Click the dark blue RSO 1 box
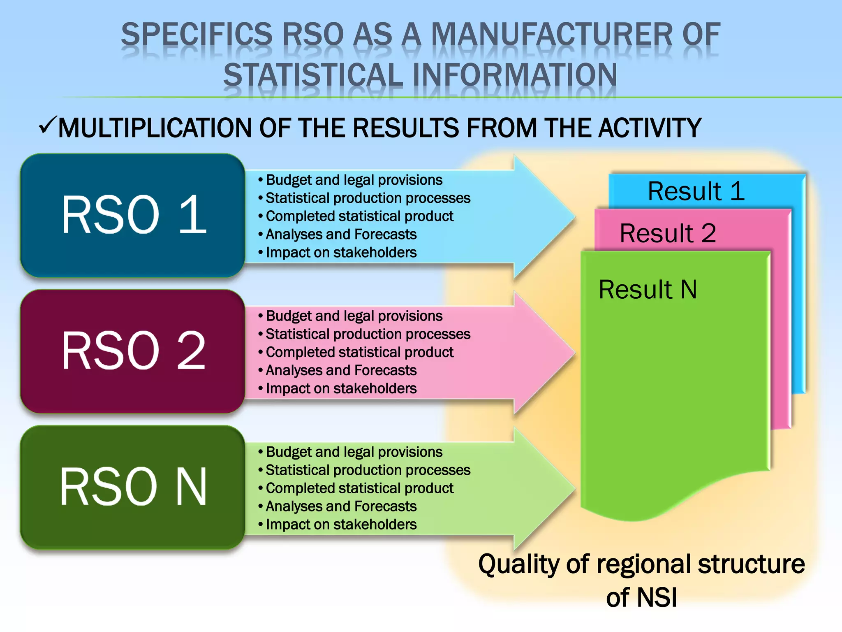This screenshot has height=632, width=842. pyautogui.click(x=133, y=215)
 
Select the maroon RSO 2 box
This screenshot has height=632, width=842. pyautogui.click(x=133, y=351)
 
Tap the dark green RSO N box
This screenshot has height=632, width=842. pyautogui.click(x=133, y=487)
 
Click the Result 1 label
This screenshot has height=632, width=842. pyautogui.click(x=696, y=191)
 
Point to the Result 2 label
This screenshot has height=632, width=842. pyautogui.click(x=668, y=233)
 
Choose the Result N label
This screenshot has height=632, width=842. pyautogui.click(x=648, y=289)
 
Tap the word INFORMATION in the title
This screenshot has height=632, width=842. pyautogui.click(x=514, y=75)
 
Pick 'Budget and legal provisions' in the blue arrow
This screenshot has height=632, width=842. pyautogui.click(x=354, y=180)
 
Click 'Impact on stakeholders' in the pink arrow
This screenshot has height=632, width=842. pyautogui.click(x=341, y=388)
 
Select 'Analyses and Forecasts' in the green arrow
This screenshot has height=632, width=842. pyautogui.click(x=341, y=506)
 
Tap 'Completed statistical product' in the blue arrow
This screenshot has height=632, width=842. pyautogui.click(x=359, y=216)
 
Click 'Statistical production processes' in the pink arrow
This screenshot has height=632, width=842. pyautogui.click(x=368, y=334)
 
